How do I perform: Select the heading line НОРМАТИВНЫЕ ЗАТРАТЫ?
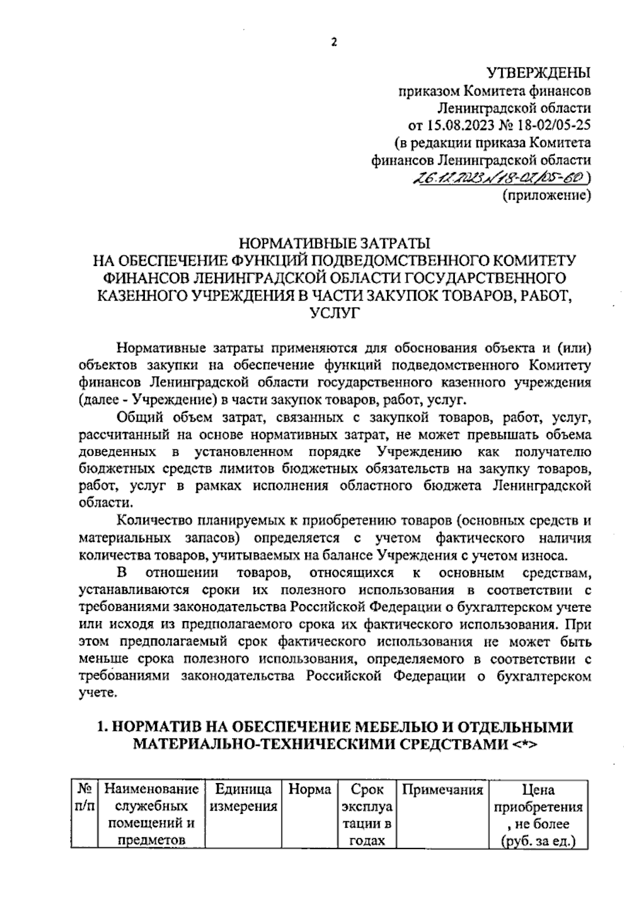(x=334, y=243)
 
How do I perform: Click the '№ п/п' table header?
(x=84, y=797)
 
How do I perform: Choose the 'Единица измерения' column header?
(x=244, y=797)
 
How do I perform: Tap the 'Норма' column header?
(x=309, y=789)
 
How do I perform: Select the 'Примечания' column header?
(x=442, y=789)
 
